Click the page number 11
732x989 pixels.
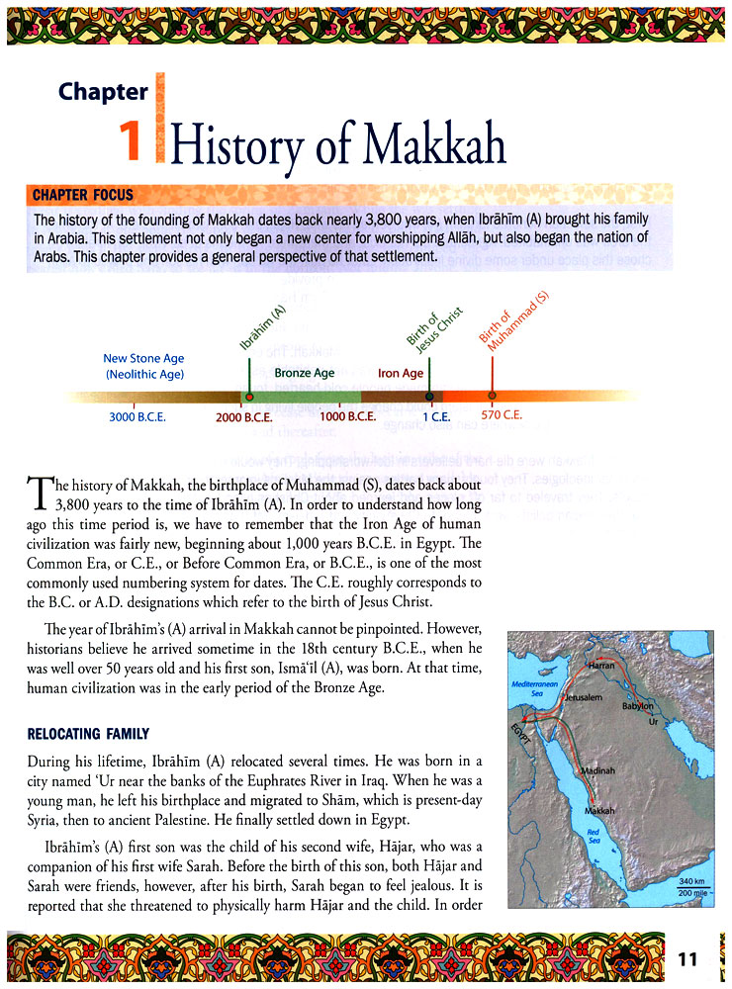[x=688, y=958]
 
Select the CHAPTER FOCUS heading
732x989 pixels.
[x=84, y=194]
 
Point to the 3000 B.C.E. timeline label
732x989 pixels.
[x=137, y=416]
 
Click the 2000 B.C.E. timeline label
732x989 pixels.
[x=243, y=417]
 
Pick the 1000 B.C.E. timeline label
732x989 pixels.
[x=348, y=416]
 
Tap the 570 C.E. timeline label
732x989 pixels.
[x=502, y=414]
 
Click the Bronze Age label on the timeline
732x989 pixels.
[x=305, y=373]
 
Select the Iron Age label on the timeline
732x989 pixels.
[x=401, y=373]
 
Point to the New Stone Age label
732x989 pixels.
[x=144, y=359]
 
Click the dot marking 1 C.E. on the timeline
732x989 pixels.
[x=429, y=397]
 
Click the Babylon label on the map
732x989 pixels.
[x=637, y=707]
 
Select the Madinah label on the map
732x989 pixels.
[x=599, y=770]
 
